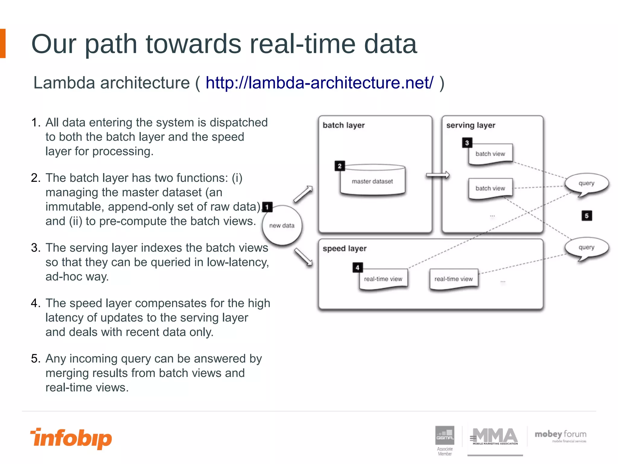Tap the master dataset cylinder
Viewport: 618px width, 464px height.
pyautogui.click(x=372, y=180)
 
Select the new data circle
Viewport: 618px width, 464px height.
pyautogui.click(x=282, y=225)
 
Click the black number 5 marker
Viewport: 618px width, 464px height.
pyautogui.click(x=587, y=216)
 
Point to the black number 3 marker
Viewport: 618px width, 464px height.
pyautogui.click(x=467, y=143)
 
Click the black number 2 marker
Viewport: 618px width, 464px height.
pyautogui.click(x=339, y=166)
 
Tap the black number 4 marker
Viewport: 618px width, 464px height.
pyautogui.click(x=357, y=267)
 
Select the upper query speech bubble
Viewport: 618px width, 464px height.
pyautogui.click(x=586, y=183)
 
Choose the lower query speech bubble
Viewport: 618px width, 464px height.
pyautogui.click(x=586, y=248)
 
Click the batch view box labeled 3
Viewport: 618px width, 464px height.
pyautogui.click(x=490, y=154)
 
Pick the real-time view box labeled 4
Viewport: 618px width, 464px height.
pyautogui.click(x=383, y=279)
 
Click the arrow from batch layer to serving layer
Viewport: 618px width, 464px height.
pyautogui.click(x=438, y=175)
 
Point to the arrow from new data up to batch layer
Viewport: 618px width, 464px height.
pyautogui.click(x=303, y=194)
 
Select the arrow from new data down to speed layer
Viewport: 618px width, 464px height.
pyautogui.click(x=303, y=257)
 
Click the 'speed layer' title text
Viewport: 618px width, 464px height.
pyautogui.click(x=344, y=248)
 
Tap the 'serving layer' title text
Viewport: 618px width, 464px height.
pyautogui.click(x=470, y=125)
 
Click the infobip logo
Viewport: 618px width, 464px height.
pyautogui.click(x=71, y=438)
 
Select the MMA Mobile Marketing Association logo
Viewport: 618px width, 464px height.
pyautogui.click(x=495, y=437)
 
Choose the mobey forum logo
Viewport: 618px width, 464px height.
pyautogui.click(x=560, y=436)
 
